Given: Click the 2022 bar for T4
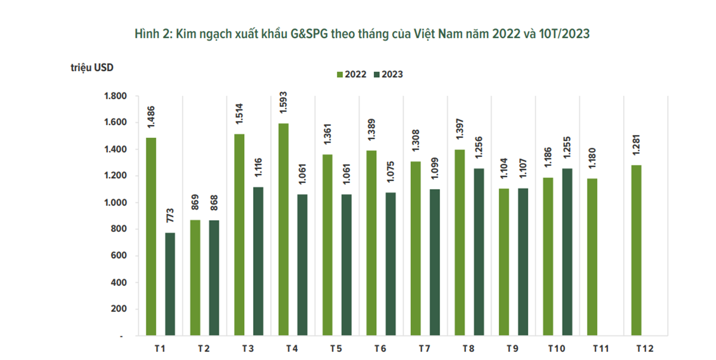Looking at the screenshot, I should (x=283, y=229).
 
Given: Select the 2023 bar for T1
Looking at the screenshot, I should (x=170, y=284).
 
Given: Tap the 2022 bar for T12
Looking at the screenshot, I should (x=636, y=250).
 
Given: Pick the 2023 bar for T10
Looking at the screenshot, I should (x=567, y=252).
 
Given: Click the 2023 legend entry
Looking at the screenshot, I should (x=388, y=75).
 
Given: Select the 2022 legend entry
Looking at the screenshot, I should (x=352, y=75).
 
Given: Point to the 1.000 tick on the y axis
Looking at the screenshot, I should (x=116, y=203).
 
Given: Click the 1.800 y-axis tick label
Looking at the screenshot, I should (x=116, y=96).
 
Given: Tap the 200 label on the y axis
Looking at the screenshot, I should (x=119, y=309).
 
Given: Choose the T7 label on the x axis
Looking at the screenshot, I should (x=424, y=348).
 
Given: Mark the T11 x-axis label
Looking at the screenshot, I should (x=601, y=348).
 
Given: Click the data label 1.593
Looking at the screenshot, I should (x=283, y=103).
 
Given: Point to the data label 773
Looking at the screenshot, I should (x=170, y=215).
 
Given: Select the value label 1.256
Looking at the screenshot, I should (x=478, y=147).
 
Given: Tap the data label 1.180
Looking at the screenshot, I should (x=592, y=158).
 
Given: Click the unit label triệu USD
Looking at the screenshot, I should (x=92, y=68).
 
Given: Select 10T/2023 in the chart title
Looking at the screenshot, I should (x=564, y=34).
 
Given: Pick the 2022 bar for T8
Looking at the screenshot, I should (x=460, y=243).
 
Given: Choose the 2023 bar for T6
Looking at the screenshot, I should (x=391, y=264).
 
